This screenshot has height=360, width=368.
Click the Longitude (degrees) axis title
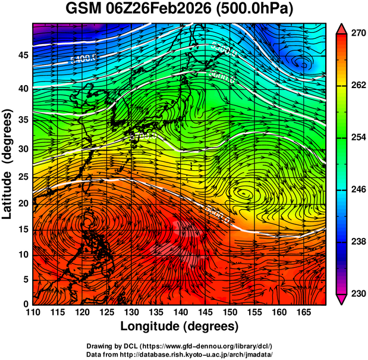[180, 326]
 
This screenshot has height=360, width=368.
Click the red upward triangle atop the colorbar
[341, 28]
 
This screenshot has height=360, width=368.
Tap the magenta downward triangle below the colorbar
[341, 299]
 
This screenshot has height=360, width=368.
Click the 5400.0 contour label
[83, 58]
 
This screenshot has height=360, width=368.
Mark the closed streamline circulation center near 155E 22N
[244, 193]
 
